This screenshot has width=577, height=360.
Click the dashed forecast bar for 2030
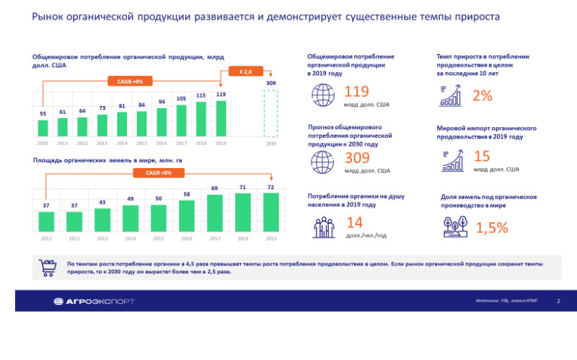pyautogui.click(x=271, y=114)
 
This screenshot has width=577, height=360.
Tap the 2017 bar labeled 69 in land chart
pyautogui.click(x=215, y=212)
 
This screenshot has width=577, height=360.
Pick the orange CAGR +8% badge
pyautogui.click(x=159, y=173)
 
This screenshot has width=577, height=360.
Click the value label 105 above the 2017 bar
pyautogui.click(x=182, y=99)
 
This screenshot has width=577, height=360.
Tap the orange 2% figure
pyautogui.click(x=483, y=96)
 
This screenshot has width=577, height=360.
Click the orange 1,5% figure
pyautogui.click(x=492, y=228)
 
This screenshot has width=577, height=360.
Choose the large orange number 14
pyautogui.click(x=354, y=224)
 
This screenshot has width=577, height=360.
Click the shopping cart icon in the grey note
pyautogui.click(x=46, y=268)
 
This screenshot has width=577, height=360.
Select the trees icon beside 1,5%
pyautogui.click(x=454, y=227)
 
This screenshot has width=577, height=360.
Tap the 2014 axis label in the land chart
pyautogui.click(x=131, y=238)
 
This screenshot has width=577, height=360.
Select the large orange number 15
pyautogui.click(x=482, y=156)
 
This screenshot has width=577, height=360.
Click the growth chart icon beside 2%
pyautogui.click(x=452, y=96)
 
